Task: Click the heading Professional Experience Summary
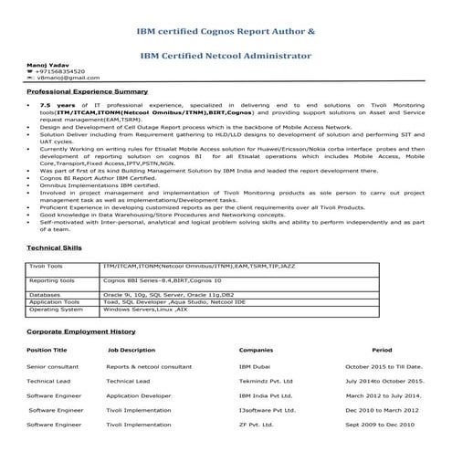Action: coord(88,92)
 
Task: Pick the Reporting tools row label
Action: coord(50,281)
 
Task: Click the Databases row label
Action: coord(45,295)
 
